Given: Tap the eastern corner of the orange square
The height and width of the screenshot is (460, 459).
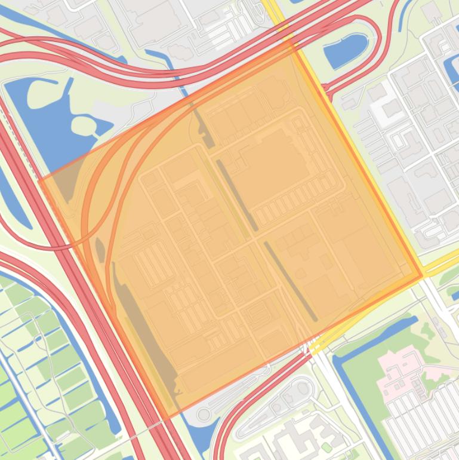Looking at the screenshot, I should tap(422, 276).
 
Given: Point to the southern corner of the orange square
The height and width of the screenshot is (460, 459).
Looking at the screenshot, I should tap(168, 418).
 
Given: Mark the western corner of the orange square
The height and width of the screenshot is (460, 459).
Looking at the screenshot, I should tap(39, 179).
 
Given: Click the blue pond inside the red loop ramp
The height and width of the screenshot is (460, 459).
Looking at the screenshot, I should tap(345, 48).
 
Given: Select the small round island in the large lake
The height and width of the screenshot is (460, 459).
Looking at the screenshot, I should tap(83, 125).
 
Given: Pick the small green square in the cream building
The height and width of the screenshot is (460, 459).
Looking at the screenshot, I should tap(326, 447).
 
